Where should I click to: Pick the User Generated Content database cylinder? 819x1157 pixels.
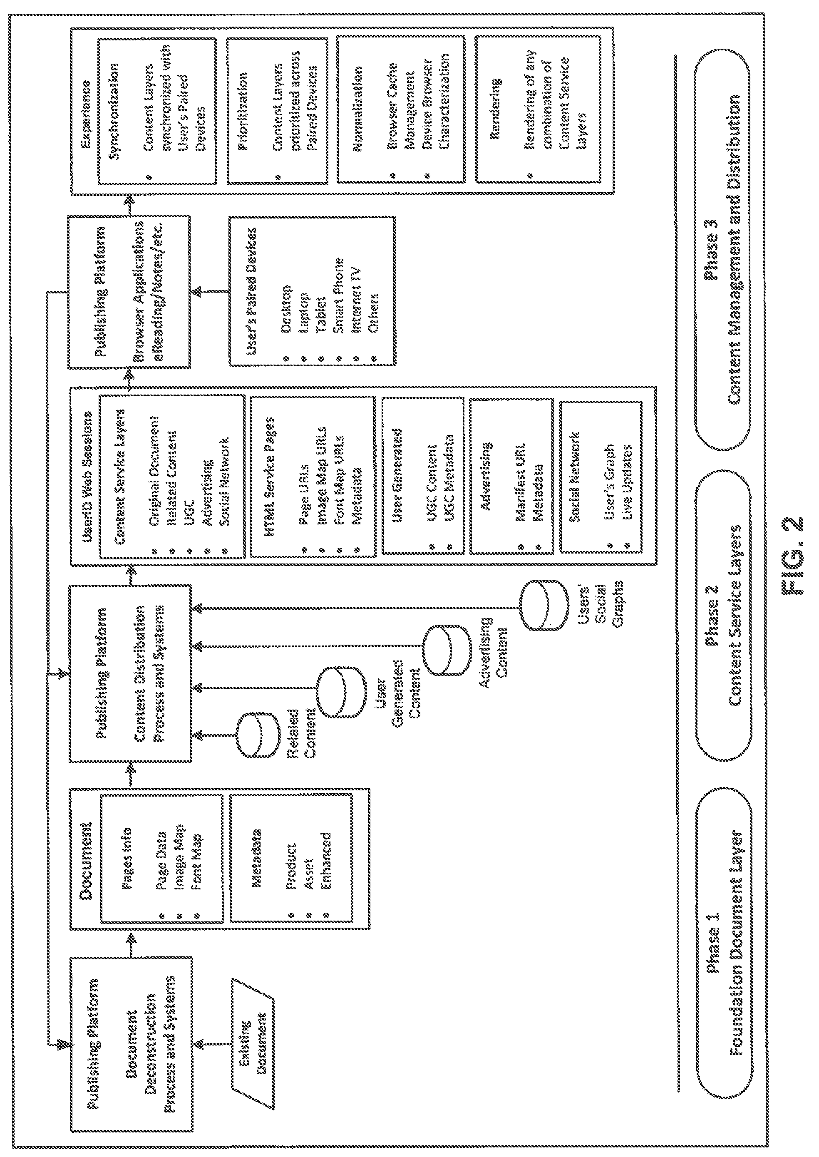341,691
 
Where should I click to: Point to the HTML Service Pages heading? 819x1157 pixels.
271,477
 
